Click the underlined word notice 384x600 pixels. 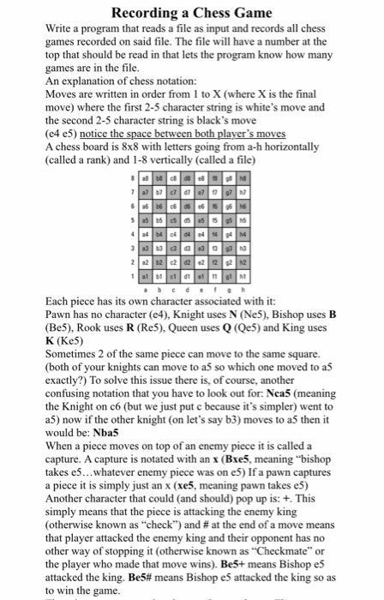pyautogui.click(x=99, y=134)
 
